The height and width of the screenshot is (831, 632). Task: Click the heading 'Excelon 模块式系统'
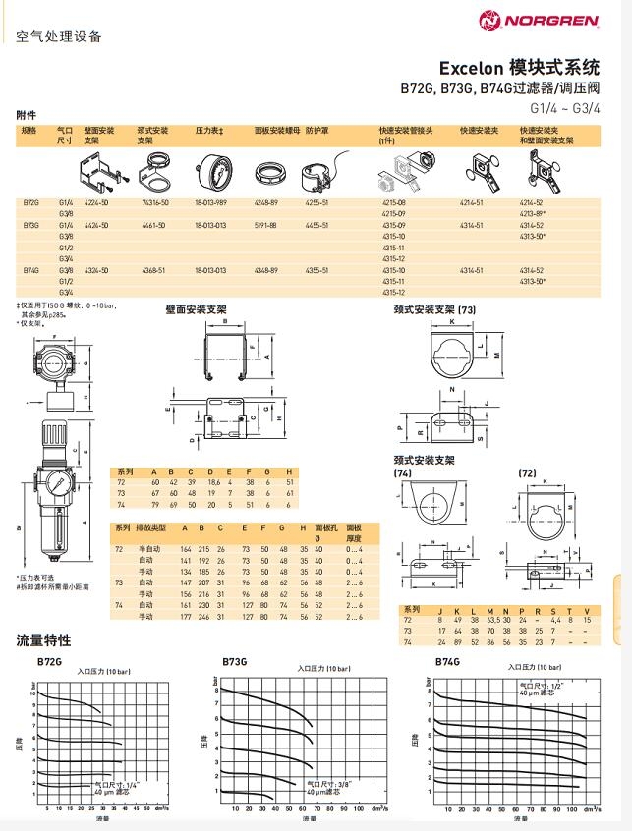(x=519, y=68)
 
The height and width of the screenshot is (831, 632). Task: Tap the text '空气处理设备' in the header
(x=59, y=38)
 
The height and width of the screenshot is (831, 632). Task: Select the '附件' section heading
(x=27, y=115)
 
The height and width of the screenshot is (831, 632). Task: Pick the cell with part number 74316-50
(x=155, y=201)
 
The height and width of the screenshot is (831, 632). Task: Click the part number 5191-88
(x=266, y=225)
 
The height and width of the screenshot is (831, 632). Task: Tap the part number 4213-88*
(x=533, y=213)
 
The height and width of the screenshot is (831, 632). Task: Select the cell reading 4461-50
(x=155, y=225)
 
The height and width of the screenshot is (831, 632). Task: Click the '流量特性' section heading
(x=43, y=640)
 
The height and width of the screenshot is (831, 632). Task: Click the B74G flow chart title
(x=450, y=661)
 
